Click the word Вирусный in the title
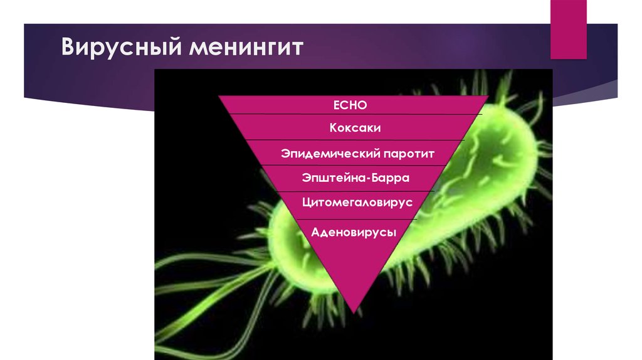(121, 47)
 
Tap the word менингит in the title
(246, 47)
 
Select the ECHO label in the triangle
(350, 105)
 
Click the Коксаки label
(355, 128)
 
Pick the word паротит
(409, 154)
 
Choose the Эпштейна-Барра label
(355, 177)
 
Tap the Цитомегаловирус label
(357, 203)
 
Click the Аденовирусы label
(354, 233)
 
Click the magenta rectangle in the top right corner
(568, 29)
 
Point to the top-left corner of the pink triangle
(219, 96)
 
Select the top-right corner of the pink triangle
(488, 96)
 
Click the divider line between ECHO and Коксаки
(355, 114)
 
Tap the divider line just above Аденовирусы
(356, 219)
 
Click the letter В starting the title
(68, 46)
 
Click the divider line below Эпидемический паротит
(354, 166)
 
